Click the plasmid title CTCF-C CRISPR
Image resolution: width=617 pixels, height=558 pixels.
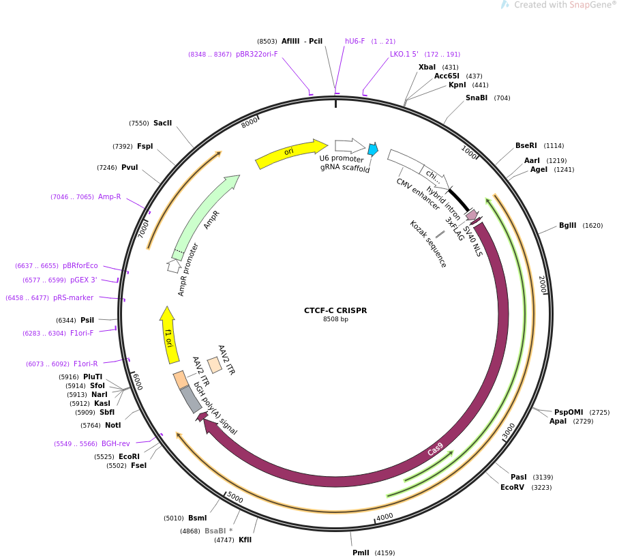tap(335, 310)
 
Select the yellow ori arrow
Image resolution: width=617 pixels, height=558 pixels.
tap(290, 153)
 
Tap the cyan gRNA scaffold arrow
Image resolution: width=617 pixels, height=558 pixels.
tap(372, 149)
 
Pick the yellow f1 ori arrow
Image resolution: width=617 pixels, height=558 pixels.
tap(169, 336)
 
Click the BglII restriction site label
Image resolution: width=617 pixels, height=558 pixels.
tap(568, 226)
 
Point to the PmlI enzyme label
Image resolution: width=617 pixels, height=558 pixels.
tap(361, 553)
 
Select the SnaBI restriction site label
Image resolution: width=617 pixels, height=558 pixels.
tap(477, 98)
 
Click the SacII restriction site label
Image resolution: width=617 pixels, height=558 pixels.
tap(162, 123)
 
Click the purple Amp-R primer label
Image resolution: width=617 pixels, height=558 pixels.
tap(109, 197)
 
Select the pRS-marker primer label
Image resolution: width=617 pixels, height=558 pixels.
tap(73, 297)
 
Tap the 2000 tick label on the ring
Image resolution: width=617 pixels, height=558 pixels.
tap(542, 284)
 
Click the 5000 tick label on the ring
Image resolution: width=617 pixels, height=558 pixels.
tap(235, 497)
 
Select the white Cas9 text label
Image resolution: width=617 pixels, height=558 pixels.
tap(435, 450)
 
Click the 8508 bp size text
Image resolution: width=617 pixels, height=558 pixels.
tap(335, 319)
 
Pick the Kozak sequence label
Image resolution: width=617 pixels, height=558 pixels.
tap(427, 244)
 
